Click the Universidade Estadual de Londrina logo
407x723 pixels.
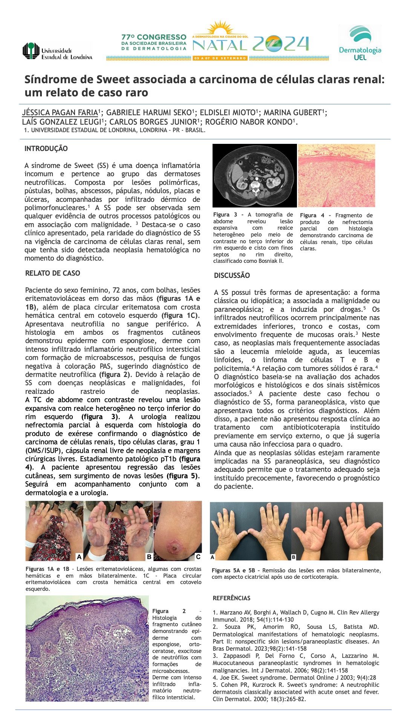click(57, 51)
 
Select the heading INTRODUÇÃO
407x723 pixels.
click(46, 149)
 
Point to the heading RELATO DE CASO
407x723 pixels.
click(52, 273)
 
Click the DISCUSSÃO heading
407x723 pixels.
click(232, 276)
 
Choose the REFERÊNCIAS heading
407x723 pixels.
click(231, 598)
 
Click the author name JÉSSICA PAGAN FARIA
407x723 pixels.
click(60, 113)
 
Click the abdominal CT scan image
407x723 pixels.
click(255, 175)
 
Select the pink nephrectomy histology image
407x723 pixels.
click(337, 175)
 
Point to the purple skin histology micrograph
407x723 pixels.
click(87, 648)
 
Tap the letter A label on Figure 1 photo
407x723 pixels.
click(79, 557)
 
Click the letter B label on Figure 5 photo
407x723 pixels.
click(294, 557)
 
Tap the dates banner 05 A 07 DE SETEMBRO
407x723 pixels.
click(220, 58)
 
